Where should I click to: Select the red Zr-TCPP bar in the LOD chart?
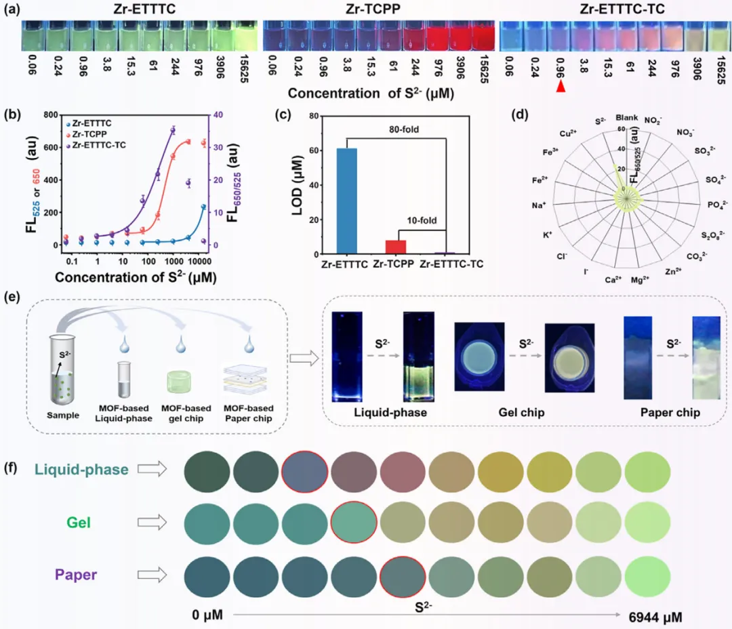pyautogui.click(x=396, y=247)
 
